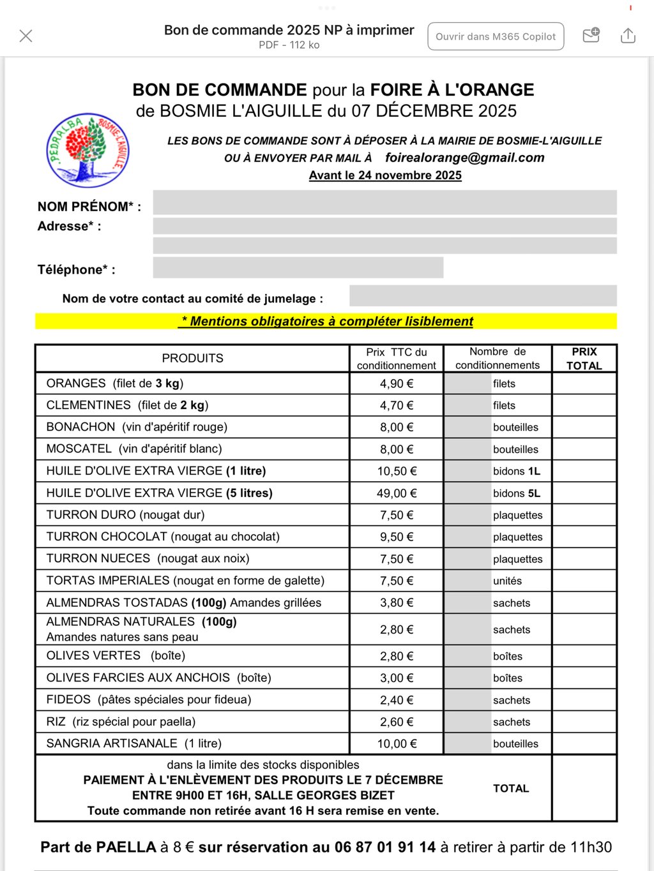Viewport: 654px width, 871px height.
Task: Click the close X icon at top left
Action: point(26,36)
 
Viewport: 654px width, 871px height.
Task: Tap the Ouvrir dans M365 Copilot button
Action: point(496,36)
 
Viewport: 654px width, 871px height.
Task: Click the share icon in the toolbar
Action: point(628,36)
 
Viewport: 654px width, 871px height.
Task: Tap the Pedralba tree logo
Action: point(88,151)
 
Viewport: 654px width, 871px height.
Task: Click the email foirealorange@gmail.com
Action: point(464,158)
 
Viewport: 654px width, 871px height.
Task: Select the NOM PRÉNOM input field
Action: point(384,203)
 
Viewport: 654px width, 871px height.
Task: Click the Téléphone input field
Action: point(298,267)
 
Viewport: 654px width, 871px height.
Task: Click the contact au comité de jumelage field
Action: point(483,296)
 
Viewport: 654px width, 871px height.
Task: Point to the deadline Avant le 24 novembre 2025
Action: point(385,175)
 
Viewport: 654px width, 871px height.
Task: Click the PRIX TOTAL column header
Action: point(584,359)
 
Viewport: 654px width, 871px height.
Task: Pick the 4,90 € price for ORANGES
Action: point(397,383)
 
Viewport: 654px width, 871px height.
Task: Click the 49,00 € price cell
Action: point(397,493)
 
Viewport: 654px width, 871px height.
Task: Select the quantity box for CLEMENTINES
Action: point(468,405)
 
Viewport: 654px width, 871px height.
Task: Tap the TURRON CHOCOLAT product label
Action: point(163,537)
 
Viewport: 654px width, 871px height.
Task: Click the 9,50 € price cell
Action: point(397,537)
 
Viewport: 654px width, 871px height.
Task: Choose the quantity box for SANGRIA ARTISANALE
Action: point(468,743)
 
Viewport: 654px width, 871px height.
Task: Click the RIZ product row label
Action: point(121,722)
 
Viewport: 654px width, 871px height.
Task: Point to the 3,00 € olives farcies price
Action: point(397,678)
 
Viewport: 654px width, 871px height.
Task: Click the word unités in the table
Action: point(507,581)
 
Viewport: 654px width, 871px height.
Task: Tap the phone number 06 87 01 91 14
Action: point(384,847)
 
